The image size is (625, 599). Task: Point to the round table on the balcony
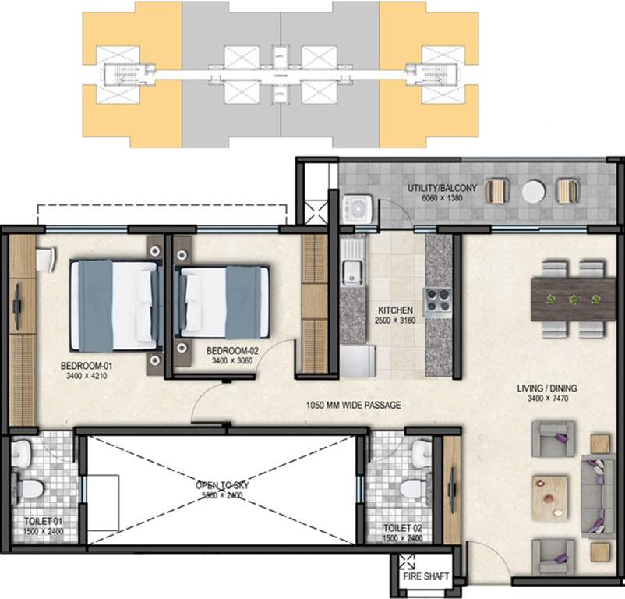click(x=533, y=192)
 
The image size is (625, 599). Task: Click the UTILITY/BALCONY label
click(x=440, y=189)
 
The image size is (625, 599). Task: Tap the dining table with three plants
click(x=573, y=299)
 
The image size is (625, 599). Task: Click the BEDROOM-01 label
click(x=85, y=364)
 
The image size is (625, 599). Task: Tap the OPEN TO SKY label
click(x=219, y=485)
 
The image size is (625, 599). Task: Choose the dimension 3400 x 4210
click(x=85, y=374)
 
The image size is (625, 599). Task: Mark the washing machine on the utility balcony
click(x=358, y=208)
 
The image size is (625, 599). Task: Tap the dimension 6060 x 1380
click(x=440, y=199)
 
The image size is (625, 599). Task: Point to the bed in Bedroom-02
click(x=225, y=301)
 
